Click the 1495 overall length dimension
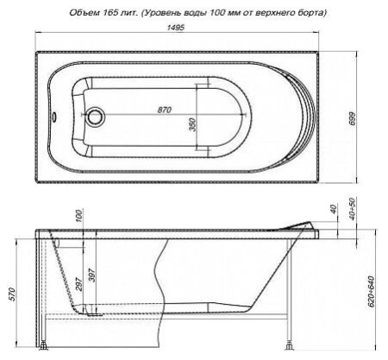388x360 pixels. pyautogui.click(x=175, y=28)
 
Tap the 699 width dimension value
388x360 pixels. pyautogui.click(x=352, y=118)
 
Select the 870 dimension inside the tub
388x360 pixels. pyautogui.click(x=164, y=110)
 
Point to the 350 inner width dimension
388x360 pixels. pyautogui.click(x=192, y=125)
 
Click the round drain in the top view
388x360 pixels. pyautogui.click(x=95, y=117)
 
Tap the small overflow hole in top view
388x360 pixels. pyautogui.click(x=54, y=117)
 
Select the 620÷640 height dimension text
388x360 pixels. pyautogui.click(x=371, y=292)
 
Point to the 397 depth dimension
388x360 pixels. pyautogui.click(x=92, y=275)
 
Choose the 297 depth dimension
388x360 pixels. pyautogui.click(x=79, y=284)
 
